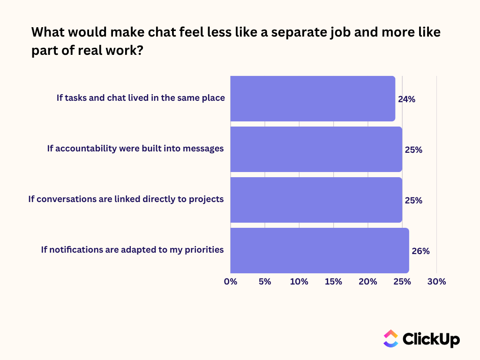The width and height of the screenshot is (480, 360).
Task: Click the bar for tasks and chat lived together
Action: [x=313, y=98]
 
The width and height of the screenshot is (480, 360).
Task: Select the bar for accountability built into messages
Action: [x=316, y=149]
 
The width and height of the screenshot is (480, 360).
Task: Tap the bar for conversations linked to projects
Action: [x=316, y=200]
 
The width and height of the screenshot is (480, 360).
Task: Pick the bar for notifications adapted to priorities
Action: [x=320, y=250]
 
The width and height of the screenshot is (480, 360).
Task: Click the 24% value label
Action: [x=406, y=99]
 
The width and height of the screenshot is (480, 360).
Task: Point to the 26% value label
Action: [x=420, y=251]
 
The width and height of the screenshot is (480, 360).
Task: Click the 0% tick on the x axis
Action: [x=231, y=282]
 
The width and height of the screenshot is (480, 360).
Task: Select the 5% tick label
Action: [x=265, y=282]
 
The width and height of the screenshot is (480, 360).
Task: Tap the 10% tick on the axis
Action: [x=299, y=282]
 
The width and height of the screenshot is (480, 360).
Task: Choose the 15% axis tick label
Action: [x=333, y=282]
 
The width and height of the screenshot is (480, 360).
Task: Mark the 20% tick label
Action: [x=368, y=282]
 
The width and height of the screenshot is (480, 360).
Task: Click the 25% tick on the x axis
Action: [x=402, y=282]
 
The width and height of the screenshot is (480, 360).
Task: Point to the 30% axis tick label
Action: [x=436, y=282]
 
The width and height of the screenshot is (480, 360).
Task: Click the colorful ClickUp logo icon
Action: [x=390, y=338]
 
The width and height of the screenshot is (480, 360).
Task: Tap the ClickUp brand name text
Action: [x=431, y=339]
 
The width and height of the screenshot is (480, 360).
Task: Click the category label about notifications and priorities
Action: [x=132, y=249]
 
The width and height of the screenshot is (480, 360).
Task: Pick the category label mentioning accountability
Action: [x=135, y=148]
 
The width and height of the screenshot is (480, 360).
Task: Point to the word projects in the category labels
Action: [x=206, y=199]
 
